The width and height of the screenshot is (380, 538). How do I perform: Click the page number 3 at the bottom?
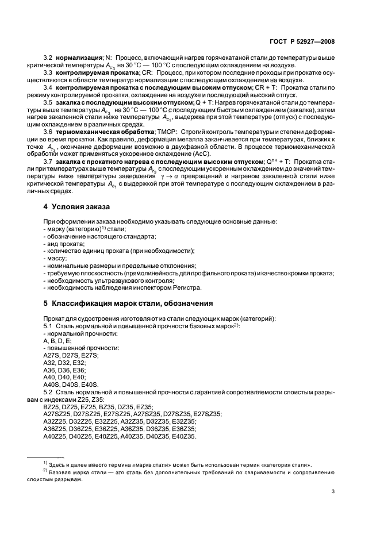333,491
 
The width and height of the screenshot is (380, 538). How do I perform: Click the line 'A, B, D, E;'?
57,341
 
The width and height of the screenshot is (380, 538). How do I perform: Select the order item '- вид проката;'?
64,244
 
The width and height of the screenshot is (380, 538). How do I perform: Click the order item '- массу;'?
56,259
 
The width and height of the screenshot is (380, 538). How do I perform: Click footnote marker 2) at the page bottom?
44,470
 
